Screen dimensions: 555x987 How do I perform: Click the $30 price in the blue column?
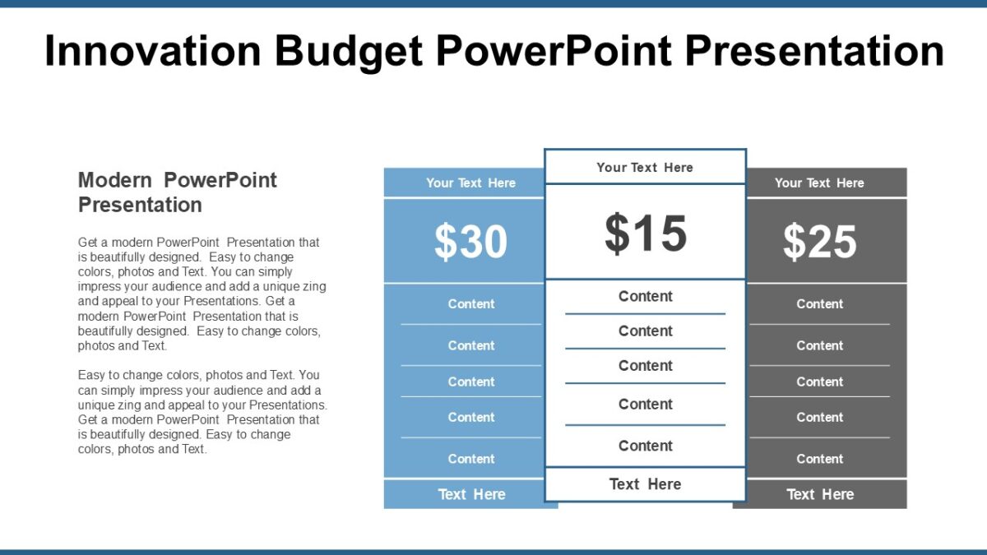coord(470,242)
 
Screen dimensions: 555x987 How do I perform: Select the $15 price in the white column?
coord(646,234)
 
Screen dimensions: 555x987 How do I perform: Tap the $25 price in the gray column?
coord(819,242)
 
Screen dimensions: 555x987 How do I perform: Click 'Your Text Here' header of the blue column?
coord(470,183)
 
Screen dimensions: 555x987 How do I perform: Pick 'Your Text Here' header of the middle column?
coord(645,167)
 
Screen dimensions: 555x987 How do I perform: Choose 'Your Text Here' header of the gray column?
coord(819,183)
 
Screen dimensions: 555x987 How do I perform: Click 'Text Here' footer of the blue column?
coord(471,494)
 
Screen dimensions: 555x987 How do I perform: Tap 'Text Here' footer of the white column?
coord(645,484)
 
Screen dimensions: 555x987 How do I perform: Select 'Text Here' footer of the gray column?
coord(820,494)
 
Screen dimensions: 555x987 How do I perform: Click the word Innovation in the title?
coord(154,51)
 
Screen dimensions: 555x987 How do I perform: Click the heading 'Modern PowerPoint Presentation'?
coord(177,192)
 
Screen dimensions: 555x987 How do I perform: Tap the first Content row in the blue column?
coord(471,303)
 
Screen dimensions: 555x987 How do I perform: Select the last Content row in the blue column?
coord(471,459)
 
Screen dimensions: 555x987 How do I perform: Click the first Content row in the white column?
coord(646,296)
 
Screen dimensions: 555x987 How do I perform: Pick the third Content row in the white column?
coord(646,365)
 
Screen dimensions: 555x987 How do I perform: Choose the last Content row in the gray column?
coord(819,459)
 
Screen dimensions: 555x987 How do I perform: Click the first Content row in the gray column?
coord(819,303)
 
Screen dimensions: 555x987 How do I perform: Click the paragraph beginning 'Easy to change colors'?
coord(202,412)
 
